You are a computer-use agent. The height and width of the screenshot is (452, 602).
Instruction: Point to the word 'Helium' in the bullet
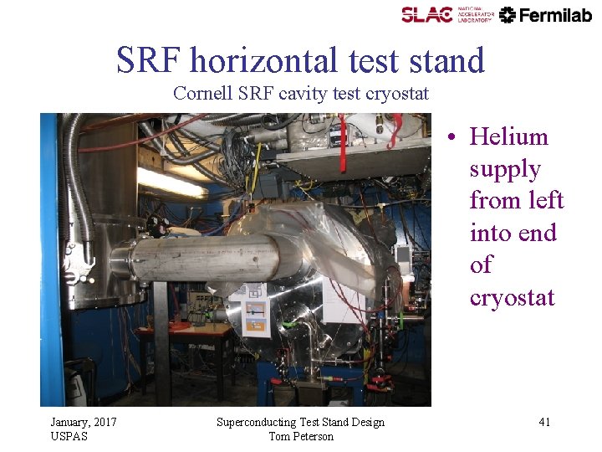pos(508,136)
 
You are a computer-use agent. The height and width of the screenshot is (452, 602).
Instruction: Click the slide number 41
pos(544,422)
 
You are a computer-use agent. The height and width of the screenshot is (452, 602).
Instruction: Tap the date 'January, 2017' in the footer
pos(84,422)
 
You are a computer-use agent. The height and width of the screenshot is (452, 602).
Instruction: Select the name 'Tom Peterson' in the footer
pos(301,436)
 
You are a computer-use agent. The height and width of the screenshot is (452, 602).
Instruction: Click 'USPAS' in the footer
pos(69,436)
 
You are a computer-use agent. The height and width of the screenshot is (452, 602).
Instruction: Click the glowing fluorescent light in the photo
pos(171,182)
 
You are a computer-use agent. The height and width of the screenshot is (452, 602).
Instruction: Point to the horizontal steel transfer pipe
pos(201,258)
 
